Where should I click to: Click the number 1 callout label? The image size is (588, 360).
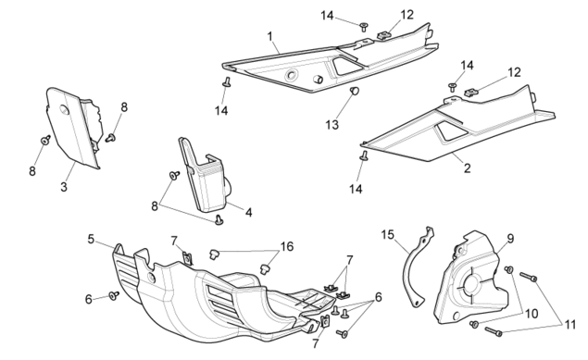tap(270, 37)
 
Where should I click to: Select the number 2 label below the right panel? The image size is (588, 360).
tap(467, 168)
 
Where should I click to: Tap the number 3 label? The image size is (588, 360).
tap(64, 187)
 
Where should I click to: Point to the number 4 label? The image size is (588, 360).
tap(248, 213)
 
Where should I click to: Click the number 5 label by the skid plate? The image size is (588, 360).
tap(91, 239)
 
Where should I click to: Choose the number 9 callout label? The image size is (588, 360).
tap(510, 238)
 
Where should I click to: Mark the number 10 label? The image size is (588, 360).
tap(532, 314)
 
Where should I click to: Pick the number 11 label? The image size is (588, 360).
tap(570, 325)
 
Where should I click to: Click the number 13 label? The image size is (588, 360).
tap(332, 125)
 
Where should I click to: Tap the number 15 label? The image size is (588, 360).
tap(388, 235)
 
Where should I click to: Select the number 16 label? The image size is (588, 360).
tap(287, 246)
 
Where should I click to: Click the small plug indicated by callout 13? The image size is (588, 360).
tap(355, 91)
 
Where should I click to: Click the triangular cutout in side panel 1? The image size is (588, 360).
tap(347, 66)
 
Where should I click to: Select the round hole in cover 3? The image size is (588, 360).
tap(64, 110)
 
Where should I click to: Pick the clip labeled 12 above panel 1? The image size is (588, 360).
tap(383, 35)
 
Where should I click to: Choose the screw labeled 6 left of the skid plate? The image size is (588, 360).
tap(114, 295)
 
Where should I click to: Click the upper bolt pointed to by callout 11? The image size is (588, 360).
tap(529, 278)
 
